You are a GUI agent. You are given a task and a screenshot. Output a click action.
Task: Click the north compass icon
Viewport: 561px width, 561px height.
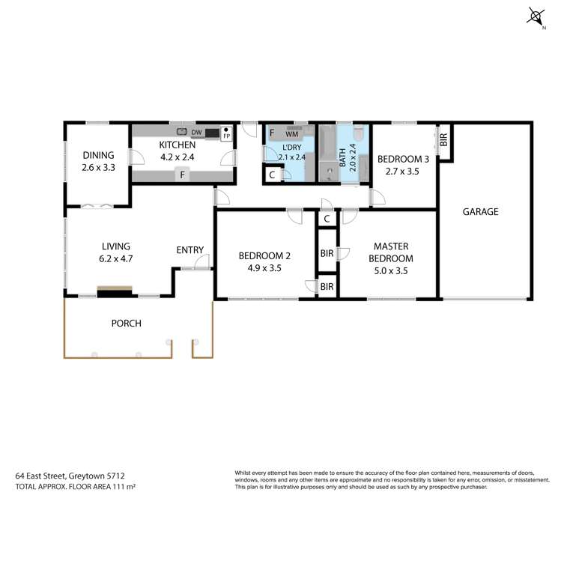[x=536, y=16]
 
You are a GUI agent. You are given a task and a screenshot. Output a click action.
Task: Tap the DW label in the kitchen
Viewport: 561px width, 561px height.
[x=196, y=133]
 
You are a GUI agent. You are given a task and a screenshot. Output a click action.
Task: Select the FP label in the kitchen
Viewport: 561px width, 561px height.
[x=225, y=136]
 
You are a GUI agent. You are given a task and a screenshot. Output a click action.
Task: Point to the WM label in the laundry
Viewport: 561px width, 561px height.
[x=291, y=133]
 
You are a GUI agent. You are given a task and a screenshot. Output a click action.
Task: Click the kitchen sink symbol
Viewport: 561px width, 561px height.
[x=181, y=132]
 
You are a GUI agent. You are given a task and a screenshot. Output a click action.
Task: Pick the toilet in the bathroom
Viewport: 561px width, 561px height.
[x=359, y=134]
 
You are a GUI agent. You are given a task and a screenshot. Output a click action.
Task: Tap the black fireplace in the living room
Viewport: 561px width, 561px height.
[x=115, y=291]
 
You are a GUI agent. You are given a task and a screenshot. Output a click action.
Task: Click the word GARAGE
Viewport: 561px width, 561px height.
[x=480, y=212]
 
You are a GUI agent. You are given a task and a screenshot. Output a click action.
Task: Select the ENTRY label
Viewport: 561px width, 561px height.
[x=189, y=250]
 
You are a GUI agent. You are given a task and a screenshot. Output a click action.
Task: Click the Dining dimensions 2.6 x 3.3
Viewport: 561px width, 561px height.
[x=98, y=168]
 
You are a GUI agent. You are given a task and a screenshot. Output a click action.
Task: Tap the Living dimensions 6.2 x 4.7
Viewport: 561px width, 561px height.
[x=116, y=258]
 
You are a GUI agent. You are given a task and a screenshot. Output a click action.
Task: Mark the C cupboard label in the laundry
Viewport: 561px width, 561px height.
[x=271, y=175]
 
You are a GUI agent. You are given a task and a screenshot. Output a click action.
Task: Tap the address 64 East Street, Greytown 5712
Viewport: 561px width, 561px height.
[x=69, y=475]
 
